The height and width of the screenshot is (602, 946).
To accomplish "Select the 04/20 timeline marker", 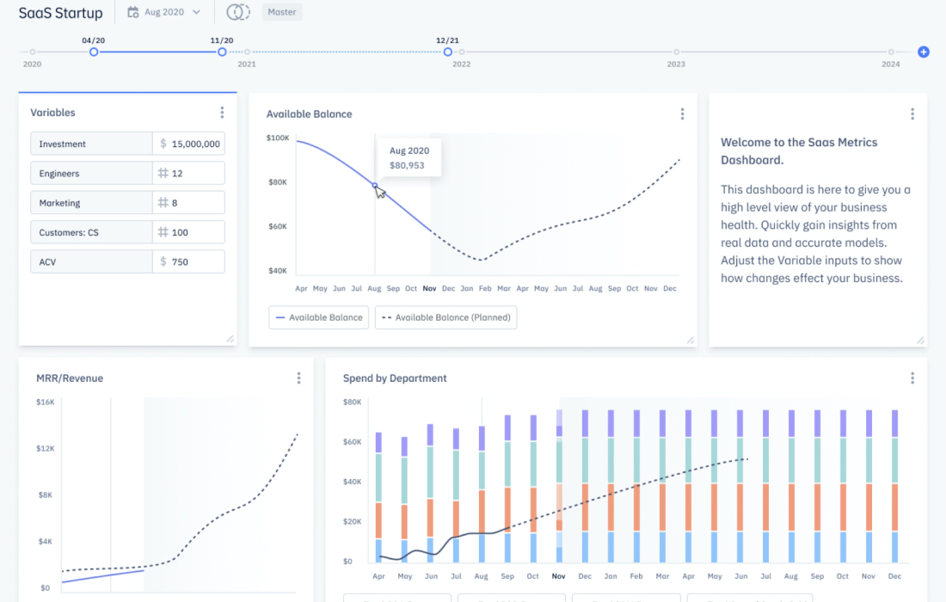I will [x=94, y=52].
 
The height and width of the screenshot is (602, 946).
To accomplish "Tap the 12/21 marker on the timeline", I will [x=448, y=52].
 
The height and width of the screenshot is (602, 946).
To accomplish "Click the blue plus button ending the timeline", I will [x=924, y=52].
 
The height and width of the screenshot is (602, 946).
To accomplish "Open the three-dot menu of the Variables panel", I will [x=222, y=113].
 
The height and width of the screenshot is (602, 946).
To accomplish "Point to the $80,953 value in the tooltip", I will [x=407, y=165].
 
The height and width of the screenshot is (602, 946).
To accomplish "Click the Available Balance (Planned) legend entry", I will [x=447, y=317].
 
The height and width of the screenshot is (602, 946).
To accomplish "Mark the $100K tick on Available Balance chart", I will [x=277, y=138].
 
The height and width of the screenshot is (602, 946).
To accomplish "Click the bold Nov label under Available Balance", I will [x=430, y=289].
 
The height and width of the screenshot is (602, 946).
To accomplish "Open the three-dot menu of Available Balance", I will [x=682, y=114].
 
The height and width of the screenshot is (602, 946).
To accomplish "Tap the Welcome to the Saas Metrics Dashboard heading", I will [x=799, y=151].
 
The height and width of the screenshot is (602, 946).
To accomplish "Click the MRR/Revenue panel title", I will [x=70, y=378].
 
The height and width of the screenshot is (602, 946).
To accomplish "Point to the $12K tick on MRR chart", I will [x=46, y=449].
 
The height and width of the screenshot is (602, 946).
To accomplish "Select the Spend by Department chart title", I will [x=395, y=378].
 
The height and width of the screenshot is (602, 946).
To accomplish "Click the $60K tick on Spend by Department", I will [x=352, y=442].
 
